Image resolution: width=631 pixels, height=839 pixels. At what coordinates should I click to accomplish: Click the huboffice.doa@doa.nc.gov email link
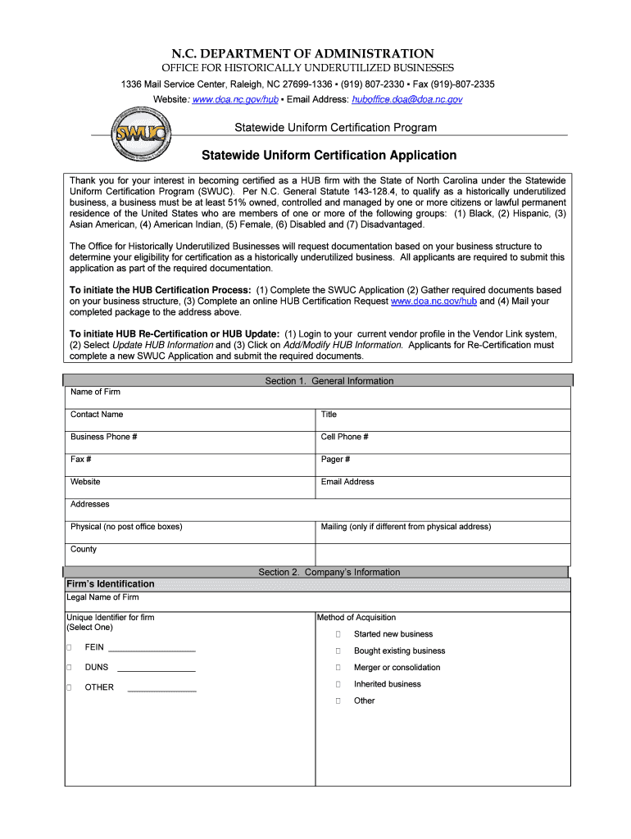click(x=407, y=99)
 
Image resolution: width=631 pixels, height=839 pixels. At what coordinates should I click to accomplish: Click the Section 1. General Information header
click(x=329, y=381)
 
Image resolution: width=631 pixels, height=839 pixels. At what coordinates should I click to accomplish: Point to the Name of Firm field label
click(x=95, y=392)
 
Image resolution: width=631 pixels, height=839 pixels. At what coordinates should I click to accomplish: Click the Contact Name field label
click(x=97, y=415)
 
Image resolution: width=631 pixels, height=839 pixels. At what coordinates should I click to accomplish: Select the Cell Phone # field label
click(x=344, y=437)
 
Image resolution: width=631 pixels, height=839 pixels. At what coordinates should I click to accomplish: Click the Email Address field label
click(x=347, y=482)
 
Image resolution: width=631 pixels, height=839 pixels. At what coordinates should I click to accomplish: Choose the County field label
click(x=84, y=549)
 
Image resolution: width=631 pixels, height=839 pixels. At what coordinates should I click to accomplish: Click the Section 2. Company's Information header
click(x=329, y=572)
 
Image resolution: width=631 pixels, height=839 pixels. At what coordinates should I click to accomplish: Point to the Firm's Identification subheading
click(x=110, y=584)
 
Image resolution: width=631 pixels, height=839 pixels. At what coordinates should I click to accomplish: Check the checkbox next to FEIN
click(x=69, y=647)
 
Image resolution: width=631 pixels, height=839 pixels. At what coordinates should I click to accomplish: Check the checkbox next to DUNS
click(x=69, y=668)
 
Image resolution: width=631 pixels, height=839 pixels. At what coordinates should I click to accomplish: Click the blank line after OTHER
click(x=161, y=689)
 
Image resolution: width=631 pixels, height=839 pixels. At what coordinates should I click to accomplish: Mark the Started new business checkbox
click(x=338, y=634)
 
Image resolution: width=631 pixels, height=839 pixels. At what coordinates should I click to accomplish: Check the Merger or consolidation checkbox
click(x=338, y=668)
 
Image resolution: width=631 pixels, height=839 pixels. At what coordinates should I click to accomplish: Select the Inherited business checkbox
click(x=338, y=684)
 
